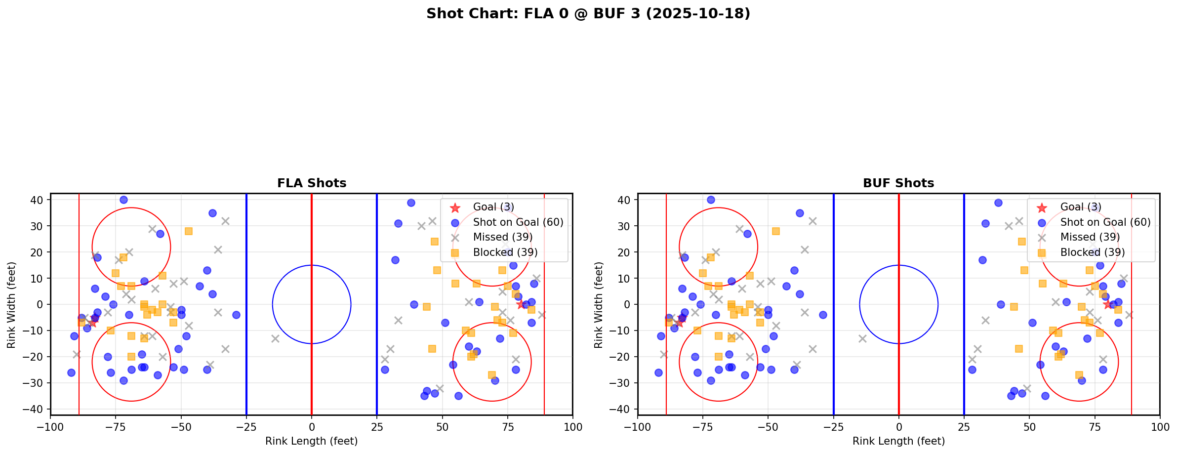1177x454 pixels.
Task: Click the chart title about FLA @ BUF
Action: (588, 14)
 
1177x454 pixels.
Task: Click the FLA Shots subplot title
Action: (312, 183)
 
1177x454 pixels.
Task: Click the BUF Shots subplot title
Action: (898, 183)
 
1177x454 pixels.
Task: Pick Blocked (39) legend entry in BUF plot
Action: (1092, 252)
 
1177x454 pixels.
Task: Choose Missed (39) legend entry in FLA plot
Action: (502, 237)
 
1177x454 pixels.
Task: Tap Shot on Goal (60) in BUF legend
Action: (1105, 222)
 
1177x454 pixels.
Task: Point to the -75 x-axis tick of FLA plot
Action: (116, 426)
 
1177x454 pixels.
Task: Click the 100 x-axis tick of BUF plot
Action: (1159, 426)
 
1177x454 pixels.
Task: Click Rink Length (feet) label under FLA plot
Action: (312, 441)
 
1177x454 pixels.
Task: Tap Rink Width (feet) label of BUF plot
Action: (599, 305)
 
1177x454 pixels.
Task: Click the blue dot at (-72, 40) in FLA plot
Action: (123, 200)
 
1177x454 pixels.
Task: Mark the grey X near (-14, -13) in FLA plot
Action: (275, 338)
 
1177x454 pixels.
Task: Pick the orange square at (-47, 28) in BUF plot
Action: (776, 231)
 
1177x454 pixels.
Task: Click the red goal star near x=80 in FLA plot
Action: (521, 304)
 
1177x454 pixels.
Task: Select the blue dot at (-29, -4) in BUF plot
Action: (823, 315)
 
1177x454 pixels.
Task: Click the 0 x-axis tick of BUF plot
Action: (898, 426)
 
